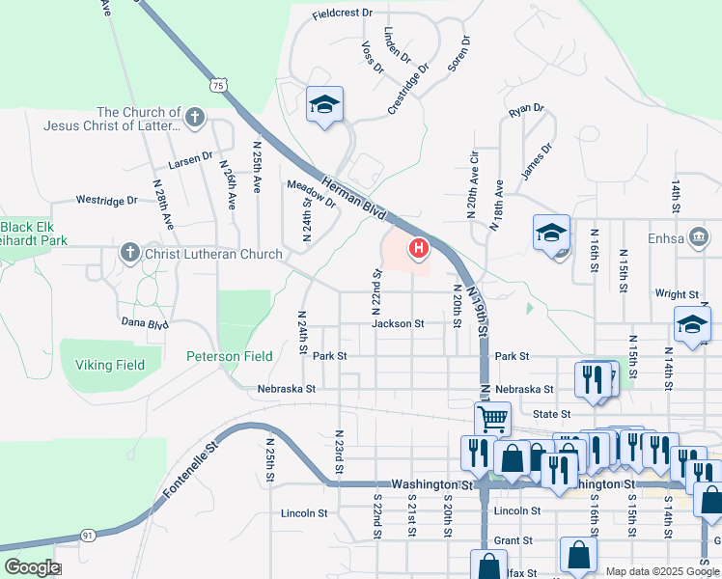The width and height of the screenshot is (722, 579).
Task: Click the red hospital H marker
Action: [x=419, y=249]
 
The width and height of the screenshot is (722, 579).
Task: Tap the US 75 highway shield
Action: [x=219, y=85]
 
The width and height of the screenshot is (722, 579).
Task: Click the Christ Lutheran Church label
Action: [x=213, y=254]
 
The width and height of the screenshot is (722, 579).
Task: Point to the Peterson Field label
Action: [x=230, y=356]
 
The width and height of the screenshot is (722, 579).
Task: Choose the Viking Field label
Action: [x=109, y=365]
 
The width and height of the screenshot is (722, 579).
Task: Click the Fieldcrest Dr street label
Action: [x=342, y=14]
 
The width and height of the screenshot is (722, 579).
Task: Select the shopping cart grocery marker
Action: [x=492, y=418]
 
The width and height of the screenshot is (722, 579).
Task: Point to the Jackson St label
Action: [x=399, y=324]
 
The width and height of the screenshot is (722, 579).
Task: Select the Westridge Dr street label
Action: [x=107, y=201]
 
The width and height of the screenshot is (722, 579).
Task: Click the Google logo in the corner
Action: [x=31, y=567]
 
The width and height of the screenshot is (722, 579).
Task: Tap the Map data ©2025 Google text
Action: [x=661, y=571]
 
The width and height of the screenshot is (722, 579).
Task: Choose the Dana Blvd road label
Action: [x=145, y=323]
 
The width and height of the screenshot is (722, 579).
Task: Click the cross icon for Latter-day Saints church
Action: [x=195, y=118]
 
